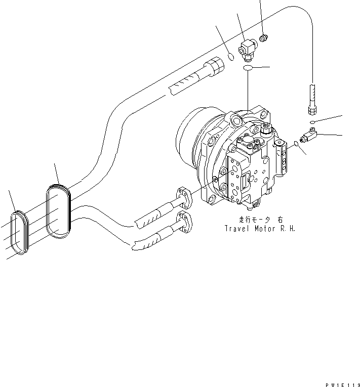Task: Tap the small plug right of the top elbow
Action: pos(263,37)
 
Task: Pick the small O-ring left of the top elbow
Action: pos(231,56)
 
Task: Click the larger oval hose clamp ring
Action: pos(59,211)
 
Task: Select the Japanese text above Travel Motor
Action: pos(260,220)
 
